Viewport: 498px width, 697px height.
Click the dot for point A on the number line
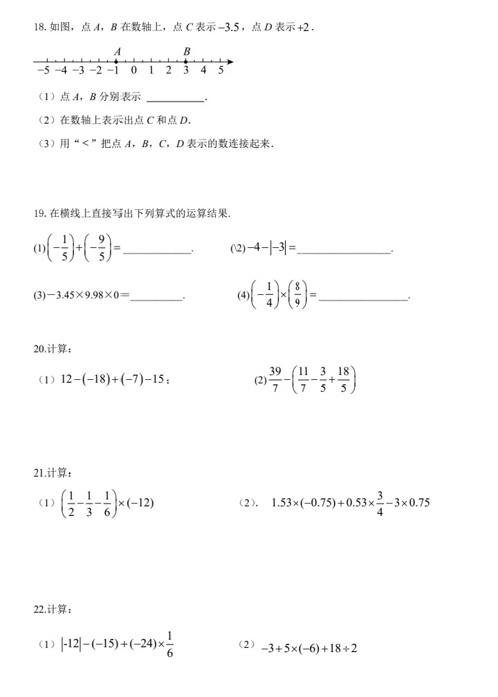(x=116, y=61)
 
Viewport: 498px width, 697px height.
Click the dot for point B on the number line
(x=186, y=61)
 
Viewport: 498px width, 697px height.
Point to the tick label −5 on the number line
(x=43, y=70)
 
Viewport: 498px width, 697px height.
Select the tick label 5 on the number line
(x=221, y=70)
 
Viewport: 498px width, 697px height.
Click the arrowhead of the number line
(x=230, y=61)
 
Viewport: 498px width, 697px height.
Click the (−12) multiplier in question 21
(x=140, y=502)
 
